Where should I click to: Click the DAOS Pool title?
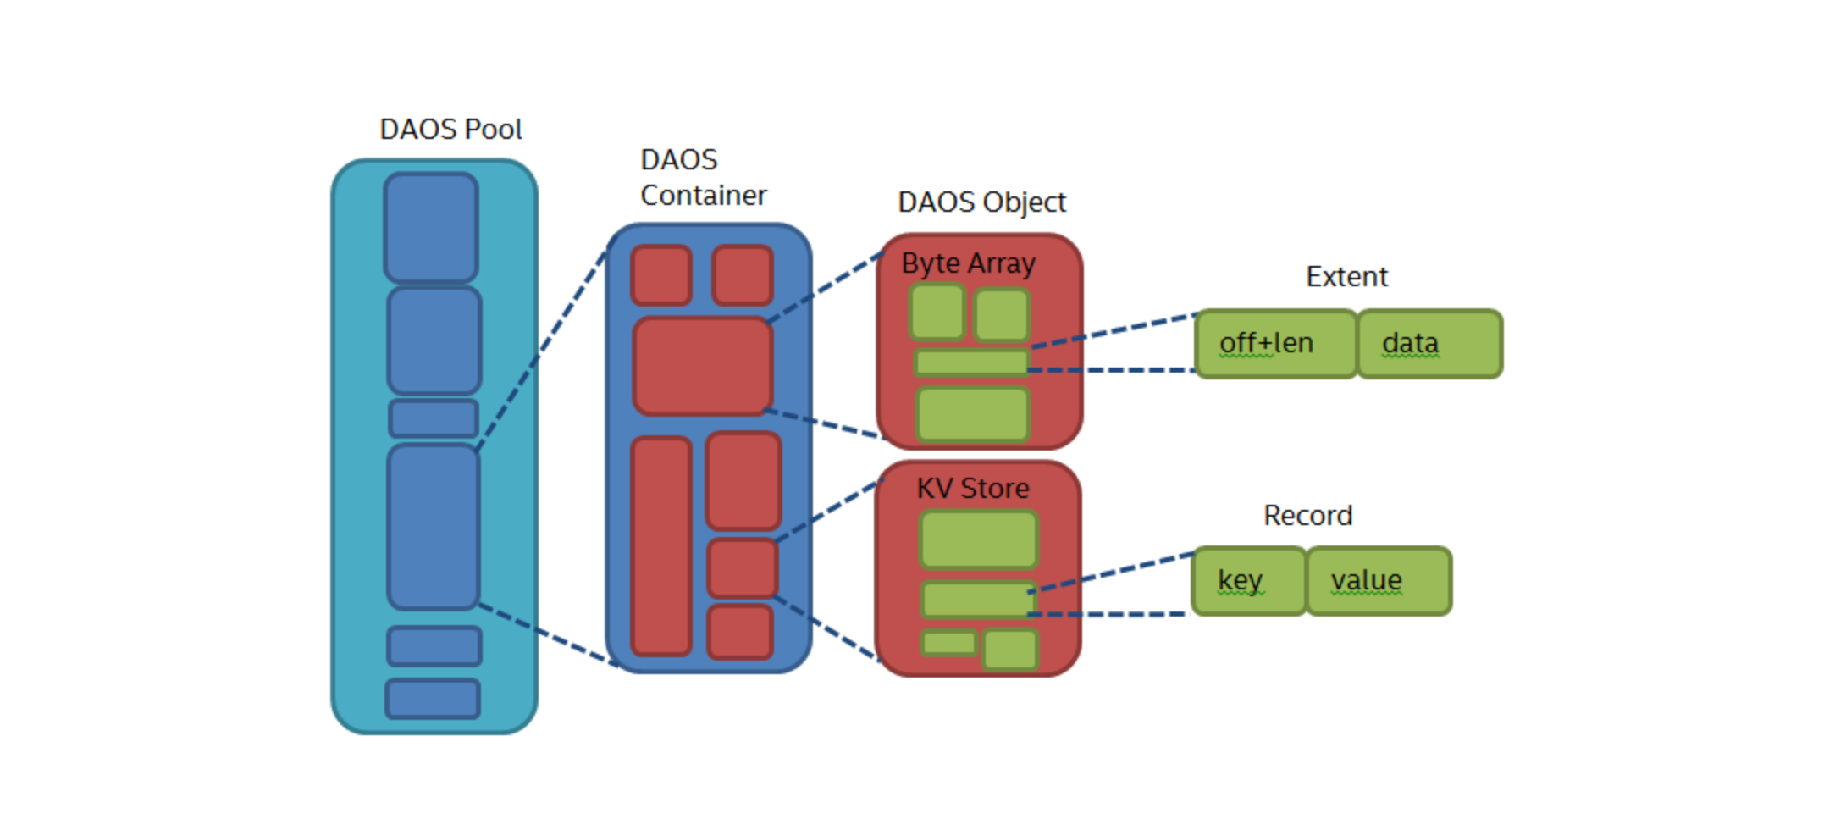coord(450,130)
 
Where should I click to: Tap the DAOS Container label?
coord(702,178)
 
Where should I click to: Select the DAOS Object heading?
coord(981,202)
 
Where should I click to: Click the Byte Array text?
coord(968,263)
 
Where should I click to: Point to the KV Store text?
coord(973,489)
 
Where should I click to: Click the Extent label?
coord(1346,277)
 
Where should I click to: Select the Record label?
coord(1307,516)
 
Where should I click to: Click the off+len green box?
coord(1275,344)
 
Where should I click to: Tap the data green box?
coord(1429,344)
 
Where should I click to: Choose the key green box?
coord(1248,581)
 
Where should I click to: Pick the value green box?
coord(1379,581)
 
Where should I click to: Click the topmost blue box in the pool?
coord(431,227)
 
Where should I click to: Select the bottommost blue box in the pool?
coord(433,699)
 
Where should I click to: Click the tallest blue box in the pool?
coord(434,527)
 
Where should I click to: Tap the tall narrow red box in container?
coord(661,546)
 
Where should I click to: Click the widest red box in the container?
coord(703,366)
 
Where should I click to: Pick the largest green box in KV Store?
coord(979,539)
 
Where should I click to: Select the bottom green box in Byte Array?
coord(973,414)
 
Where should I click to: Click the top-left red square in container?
coord(661,275)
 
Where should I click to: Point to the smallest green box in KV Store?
coord(949,643)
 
